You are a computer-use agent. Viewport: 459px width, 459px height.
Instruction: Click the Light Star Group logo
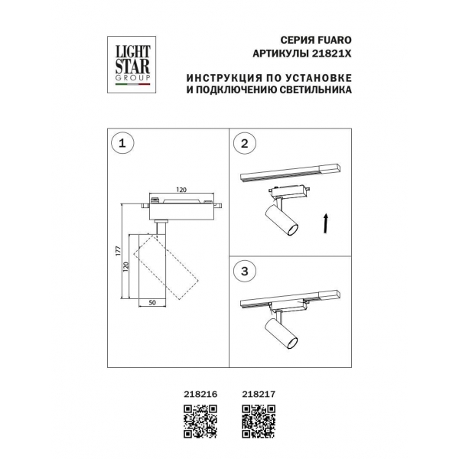[x=132, y=65]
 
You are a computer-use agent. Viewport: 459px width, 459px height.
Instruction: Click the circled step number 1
[x=122, y=144]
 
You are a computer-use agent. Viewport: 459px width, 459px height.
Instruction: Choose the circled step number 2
[x=245, y=144]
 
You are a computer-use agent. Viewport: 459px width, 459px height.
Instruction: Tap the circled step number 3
[x=245, y=272]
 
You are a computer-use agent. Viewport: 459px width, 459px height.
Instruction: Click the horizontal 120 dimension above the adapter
[x=181, y=190]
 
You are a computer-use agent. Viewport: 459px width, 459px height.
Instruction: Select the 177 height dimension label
[x=119, y=251]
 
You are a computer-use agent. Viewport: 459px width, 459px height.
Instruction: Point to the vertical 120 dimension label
[x=125, y=267]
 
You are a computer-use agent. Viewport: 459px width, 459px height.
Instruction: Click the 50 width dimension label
[x=152, y=303]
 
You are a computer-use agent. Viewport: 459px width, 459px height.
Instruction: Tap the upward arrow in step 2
[x=325, y=223]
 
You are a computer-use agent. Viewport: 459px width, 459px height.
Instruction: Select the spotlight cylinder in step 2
[x=282, y=220]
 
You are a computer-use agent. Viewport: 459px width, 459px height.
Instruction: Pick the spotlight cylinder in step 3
[x=281, y=333]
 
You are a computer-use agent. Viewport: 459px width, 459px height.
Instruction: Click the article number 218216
[x=200, y=394]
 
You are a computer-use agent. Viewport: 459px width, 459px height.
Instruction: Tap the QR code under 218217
[x=259, y=422]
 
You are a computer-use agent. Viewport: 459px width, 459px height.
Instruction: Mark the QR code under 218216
[x=200, y=422]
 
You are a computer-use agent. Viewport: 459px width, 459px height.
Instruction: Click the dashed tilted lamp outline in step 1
[x=166, y=265]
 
